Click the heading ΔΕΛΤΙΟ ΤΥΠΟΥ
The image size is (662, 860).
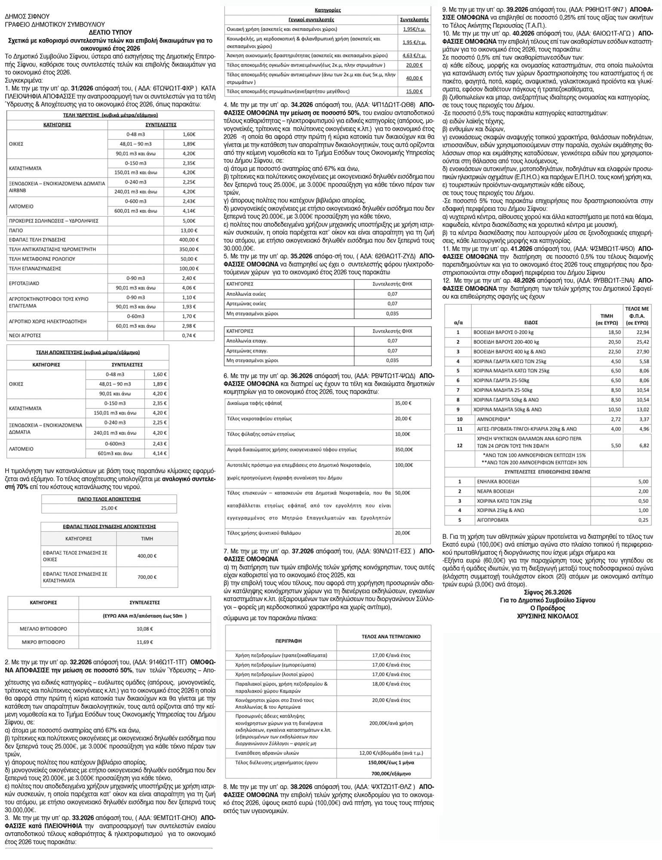click(x=110, y=32)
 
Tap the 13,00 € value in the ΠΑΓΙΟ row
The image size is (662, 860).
click(x=187, y=230)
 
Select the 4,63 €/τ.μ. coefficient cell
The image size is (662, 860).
click(x=414, y=56)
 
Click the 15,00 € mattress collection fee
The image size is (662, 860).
click(x=414, y=91)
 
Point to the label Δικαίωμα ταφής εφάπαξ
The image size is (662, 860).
click(x=254, y=403)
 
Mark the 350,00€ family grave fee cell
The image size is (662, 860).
click(x=404, y=449)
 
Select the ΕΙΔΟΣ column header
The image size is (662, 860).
click(x=531, y=322)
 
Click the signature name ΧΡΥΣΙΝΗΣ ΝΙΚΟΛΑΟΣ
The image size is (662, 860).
click(x=548, y=616)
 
